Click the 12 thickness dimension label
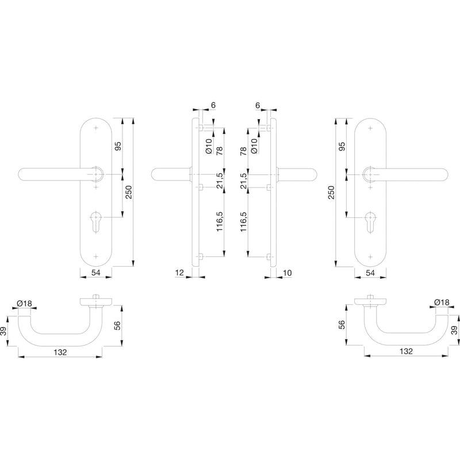coord(179,273)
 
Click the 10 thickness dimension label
coord(287,273)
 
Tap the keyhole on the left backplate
coord(96,222)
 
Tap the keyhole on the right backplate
coord(370,222)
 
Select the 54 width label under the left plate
coord(95,273)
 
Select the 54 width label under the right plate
coord(370,273)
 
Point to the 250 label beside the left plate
coord(129,192)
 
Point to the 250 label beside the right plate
coord(331,192)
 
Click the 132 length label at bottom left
coord(60,352)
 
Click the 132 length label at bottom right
coord(406,351)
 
